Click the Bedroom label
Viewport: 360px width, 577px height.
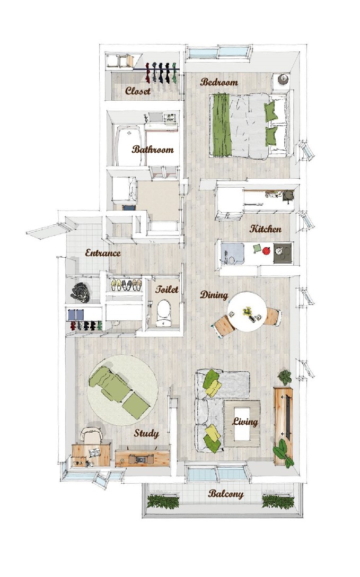point(219,82)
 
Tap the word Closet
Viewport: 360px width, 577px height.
point(137,91)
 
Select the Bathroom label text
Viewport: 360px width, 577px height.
point(153,150)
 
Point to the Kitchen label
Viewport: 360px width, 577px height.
point(266,229)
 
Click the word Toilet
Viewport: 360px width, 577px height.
point(166,289)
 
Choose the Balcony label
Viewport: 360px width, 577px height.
point(226,494)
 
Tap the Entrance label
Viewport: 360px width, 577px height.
point(103,253)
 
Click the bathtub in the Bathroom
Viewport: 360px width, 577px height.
point(129,146)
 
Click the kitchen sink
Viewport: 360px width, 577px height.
point(232,253)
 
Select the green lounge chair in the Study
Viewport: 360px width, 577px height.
point(119,392)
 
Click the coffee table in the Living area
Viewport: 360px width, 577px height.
point(242,423)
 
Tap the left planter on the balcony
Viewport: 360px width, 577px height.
point(163,502)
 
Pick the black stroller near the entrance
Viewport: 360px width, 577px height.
point(81,292)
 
